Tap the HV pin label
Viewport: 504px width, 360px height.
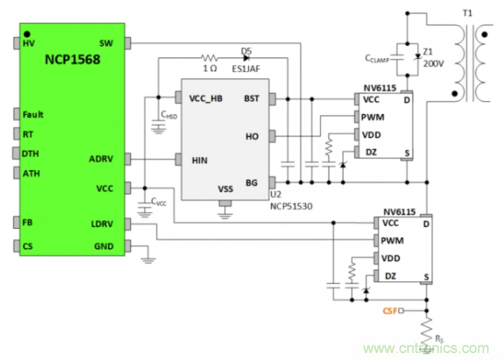29,43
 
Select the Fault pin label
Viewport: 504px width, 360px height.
33,115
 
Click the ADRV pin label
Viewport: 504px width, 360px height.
101,159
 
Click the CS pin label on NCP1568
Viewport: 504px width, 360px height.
28,246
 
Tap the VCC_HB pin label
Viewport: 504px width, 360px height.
205,98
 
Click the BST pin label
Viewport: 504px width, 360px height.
251,98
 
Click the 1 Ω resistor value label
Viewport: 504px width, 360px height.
210,68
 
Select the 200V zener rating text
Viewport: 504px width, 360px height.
433,64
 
